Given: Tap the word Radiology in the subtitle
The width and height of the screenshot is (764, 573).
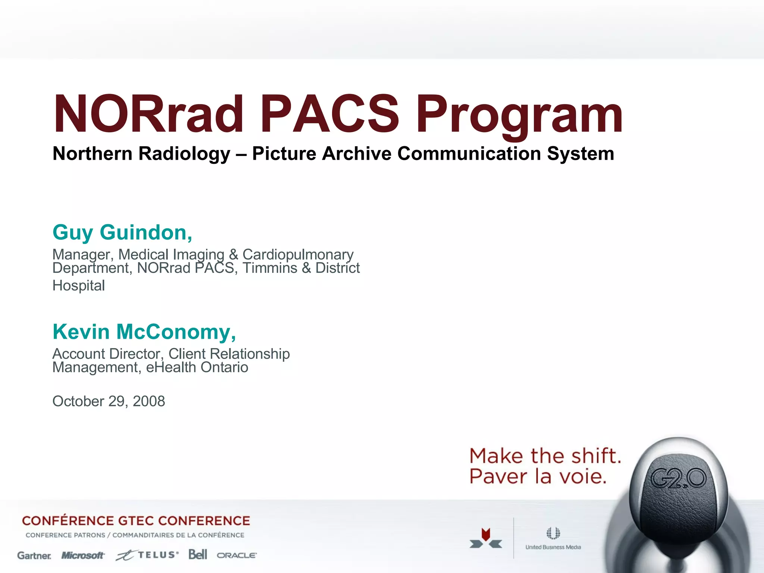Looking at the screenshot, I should click(184, 154).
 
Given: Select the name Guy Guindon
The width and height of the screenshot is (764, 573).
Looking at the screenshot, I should click(122, 232).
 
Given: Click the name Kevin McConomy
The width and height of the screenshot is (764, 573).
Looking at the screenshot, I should click(144, 332).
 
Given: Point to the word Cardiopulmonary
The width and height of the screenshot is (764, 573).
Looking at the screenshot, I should click(298, 255).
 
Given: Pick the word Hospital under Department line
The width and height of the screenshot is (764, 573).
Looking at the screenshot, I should click(79, 286).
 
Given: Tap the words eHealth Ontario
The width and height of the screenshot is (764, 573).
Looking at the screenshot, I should click(197, 367).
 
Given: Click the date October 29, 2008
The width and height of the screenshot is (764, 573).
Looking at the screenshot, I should click(109, 401).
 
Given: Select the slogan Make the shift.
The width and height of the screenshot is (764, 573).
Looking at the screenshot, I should click(545, 456).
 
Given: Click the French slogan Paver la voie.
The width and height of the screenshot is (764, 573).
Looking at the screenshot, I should click(538, 477).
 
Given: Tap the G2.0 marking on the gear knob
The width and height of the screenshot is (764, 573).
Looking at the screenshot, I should click(678, 479).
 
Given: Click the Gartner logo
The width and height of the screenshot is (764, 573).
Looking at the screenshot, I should click(34, 556).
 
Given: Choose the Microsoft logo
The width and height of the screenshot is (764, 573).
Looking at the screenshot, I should click(83, 555).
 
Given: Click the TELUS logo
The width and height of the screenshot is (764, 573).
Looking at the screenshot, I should click(148, 555).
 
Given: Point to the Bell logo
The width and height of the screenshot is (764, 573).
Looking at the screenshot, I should click(197, 555).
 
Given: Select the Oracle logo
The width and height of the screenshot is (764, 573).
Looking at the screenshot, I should click(237, 555).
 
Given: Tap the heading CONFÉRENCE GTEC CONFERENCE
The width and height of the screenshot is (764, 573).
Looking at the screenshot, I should click(136, 521).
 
